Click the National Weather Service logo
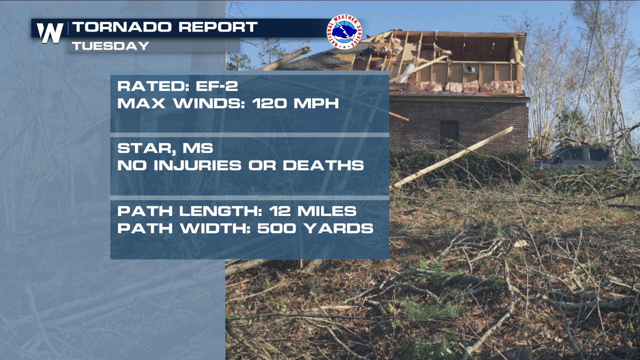click(344, 32)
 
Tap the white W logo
click(50, 33)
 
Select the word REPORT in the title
click(218, 27)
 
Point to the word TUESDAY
click(110, 46)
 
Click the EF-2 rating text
click(217, 86)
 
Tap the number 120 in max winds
click(269, 103)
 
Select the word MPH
click(316, 103)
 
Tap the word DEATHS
click(323, 166)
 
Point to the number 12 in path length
click(280, 211)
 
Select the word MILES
click(327, 211)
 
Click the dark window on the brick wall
click(449, 133)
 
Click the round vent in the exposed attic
click(469, 69)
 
